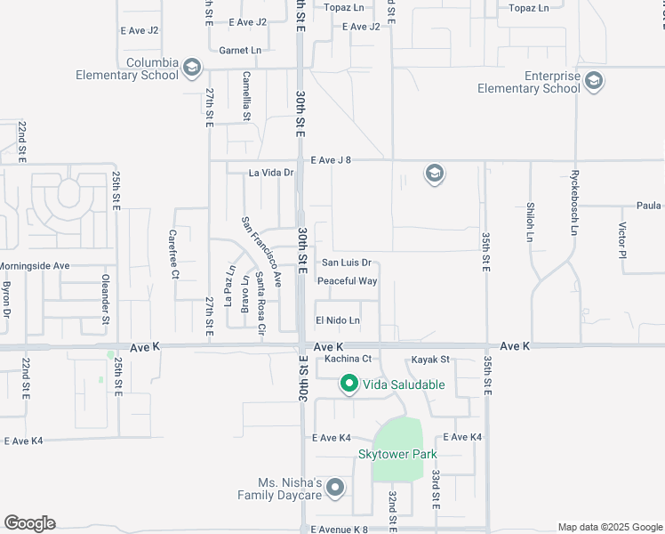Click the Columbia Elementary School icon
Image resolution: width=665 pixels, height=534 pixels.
pyautogui.click(x=191, y=69)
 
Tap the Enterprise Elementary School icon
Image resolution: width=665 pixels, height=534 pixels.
pyautogui.click(x=594, y=83)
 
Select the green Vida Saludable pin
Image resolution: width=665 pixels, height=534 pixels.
pyautogui.click(x=349, y=384)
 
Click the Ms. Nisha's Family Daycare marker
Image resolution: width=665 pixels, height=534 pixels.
pyautogui.click(x=335, y=488)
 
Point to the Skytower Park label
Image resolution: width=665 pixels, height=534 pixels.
pyautogui.click(x=397, y=454)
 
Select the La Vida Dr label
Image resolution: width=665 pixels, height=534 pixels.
pyautogui.click(x=270, y=173)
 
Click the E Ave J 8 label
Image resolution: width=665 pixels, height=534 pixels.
pyautogui.click(x=331, y=161)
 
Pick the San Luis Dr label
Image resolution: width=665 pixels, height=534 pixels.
pyautogui.click(x=346, y=263)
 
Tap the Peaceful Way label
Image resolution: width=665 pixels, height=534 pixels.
pyautogui.click(x=348, y=281)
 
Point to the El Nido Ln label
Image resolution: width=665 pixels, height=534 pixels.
pyautogui.click(x=338, y=320)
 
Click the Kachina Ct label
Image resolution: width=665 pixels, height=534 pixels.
pyautogui.click(x=347, y=359)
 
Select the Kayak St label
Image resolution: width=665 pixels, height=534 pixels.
pyautogui.click(x=431, y=360)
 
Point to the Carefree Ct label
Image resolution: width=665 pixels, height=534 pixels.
pyautogui.click(x=174, y=255)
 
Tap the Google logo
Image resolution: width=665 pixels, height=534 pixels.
pyautogui.click(x=29, y=523)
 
